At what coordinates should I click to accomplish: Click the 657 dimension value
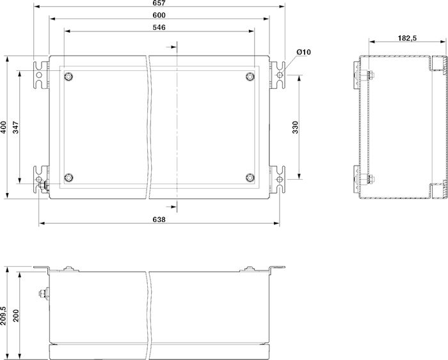159,3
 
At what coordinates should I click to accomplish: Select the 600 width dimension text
159,15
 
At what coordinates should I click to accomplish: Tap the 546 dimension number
159,27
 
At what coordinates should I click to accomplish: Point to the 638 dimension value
159,219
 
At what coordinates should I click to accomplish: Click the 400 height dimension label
3,127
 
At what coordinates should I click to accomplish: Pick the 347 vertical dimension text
16,127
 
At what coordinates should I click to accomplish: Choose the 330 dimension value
295,127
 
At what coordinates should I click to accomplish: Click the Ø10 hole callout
303,52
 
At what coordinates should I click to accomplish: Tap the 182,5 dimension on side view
407,38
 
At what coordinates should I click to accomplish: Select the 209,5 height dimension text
3,316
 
